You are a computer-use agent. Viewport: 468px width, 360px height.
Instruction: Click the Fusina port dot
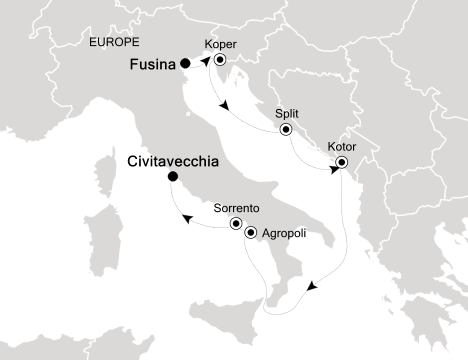coord(185,63)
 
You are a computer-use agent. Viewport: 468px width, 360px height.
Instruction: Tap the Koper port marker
coord(219,60)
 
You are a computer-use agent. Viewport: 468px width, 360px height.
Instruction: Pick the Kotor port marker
coord(341,162)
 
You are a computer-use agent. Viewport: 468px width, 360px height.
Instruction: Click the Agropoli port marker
coord(250,232)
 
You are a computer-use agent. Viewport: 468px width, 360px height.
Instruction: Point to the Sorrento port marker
coord(235,223)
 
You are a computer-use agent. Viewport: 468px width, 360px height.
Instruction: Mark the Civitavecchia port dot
coord(172,176)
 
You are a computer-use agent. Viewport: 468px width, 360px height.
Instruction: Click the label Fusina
coord(153,64)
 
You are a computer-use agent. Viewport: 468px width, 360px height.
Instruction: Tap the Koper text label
coord(220,45)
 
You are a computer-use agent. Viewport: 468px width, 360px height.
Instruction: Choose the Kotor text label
coord(342,147)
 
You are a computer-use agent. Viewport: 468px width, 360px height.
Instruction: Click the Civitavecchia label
coord(173,161)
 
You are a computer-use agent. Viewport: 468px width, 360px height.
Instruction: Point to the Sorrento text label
coord(236,208)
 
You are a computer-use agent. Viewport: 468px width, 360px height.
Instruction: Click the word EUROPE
coord(114,42)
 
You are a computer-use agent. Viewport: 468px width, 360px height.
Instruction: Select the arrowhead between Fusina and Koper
coord(205,60)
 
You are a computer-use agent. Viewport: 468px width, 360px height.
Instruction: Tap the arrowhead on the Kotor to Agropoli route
coord(311,286)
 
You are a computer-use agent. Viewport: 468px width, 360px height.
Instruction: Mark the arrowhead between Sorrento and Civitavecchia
coord(187,218)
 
